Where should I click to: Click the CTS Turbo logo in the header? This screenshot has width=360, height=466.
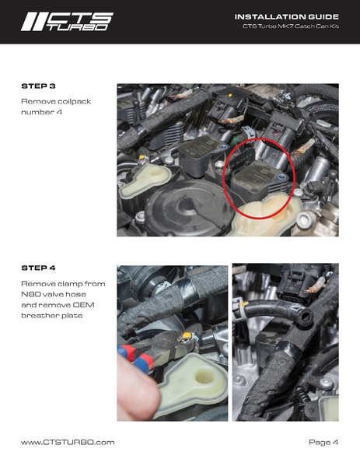68,21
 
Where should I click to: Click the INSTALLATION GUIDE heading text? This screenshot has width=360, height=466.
286,16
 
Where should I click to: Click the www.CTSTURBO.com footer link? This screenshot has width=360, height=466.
68,442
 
